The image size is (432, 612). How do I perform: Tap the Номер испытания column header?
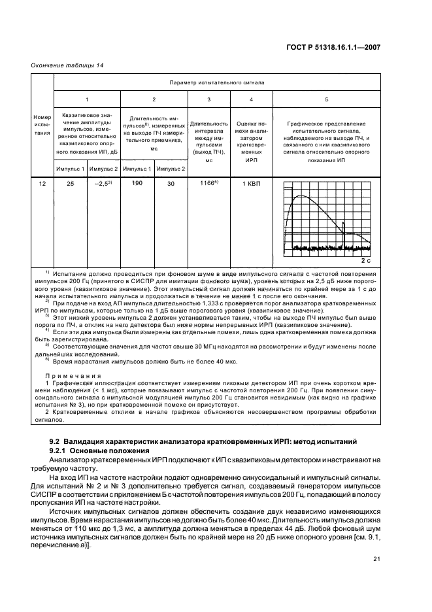click(x=42, y=127)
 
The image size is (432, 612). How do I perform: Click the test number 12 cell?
click(x=42, y=184)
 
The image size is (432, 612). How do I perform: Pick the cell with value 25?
click(x=70, y=184)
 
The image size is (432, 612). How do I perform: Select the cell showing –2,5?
click(x=103, y=184)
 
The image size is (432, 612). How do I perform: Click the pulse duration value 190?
click(x=137, y=184)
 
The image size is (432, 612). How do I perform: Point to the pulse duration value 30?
click(x=171, y=184)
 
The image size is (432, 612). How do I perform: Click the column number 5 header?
click(x=326, y=99)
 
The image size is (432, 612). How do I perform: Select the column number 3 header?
click(x=208, y=99)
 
